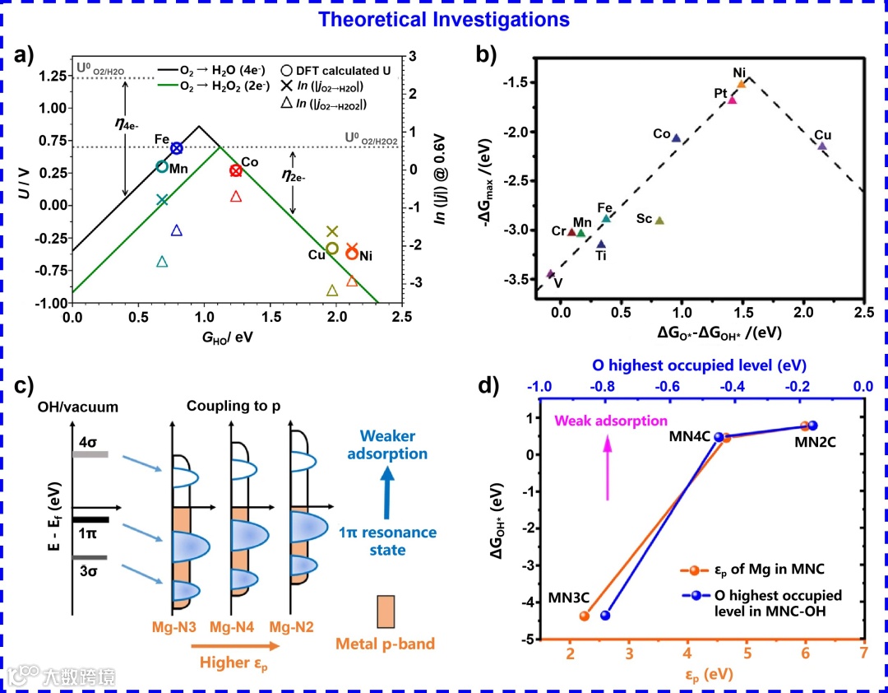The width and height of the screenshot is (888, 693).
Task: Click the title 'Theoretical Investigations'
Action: point(444,18)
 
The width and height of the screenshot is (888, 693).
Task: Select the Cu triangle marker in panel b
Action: point(822,146)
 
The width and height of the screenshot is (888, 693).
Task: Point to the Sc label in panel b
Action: point(644,219)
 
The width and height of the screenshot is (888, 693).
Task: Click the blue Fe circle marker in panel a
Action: point(177,148)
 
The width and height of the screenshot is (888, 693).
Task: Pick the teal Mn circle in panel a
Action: point(162,166)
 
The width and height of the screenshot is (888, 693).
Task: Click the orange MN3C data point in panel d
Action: point(585,616)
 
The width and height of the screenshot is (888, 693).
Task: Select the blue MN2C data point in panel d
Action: point(813,426)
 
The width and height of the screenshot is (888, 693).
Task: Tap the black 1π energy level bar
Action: point(90,520)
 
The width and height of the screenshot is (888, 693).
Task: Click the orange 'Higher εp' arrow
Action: point(238,645)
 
